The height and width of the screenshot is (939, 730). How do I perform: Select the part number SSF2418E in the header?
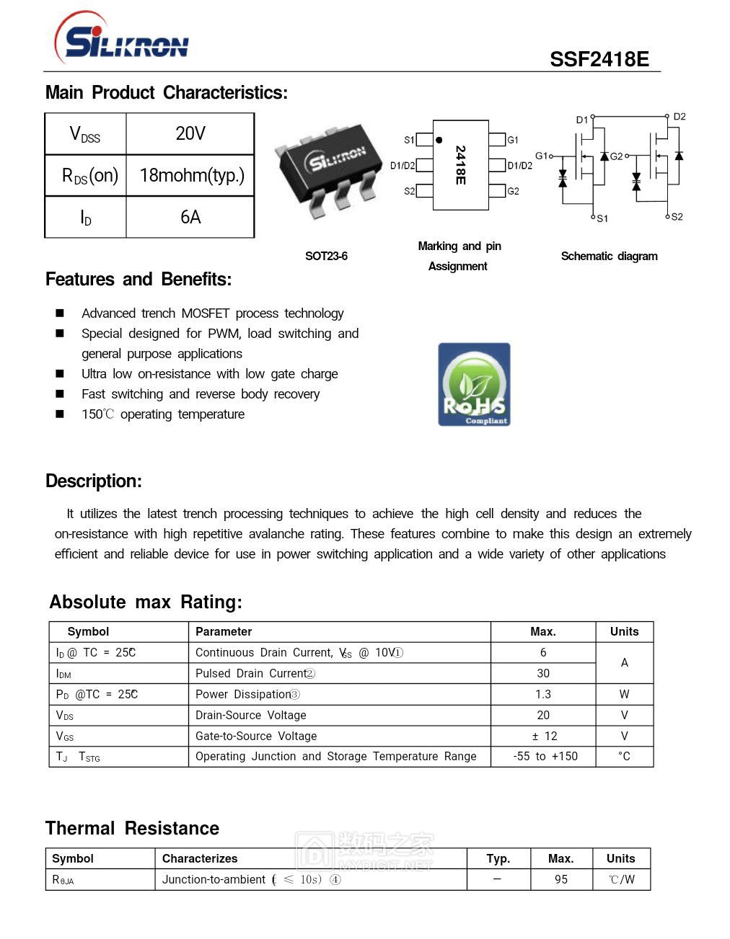click(599, 59)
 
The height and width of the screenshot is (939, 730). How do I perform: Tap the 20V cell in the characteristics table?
click(190, 133)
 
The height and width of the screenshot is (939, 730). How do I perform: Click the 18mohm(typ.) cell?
click(191, 175)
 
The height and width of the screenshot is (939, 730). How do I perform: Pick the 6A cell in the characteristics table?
click(190, 217)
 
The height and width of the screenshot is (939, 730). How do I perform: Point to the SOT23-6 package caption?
click(326, 256)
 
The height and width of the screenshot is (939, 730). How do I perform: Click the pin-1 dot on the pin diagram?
click(439, 140)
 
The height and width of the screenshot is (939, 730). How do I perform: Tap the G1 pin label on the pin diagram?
click(513, 140)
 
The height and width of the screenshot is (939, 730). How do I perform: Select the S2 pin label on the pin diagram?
click(409, 191)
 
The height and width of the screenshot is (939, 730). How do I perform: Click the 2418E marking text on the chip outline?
click(460, 165)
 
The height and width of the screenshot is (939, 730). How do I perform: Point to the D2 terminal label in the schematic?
click(680, 116)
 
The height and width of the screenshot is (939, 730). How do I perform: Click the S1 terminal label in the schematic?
click(602, 218)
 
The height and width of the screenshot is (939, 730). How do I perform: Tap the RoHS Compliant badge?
click(474, 384)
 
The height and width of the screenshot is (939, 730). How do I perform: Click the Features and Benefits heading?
click(138, 280)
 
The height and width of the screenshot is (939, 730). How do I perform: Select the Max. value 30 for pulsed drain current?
click(543, 673)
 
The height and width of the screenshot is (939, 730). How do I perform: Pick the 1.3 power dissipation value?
click(543, 694)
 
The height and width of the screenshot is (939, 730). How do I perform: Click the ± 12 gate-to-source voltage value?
click(544, 736)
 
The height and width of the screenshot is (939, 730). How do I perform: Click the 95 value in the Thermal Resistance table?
click(561, 879)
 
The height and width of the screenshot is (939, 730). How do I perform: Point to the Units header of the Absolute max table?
click(624, 631)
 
